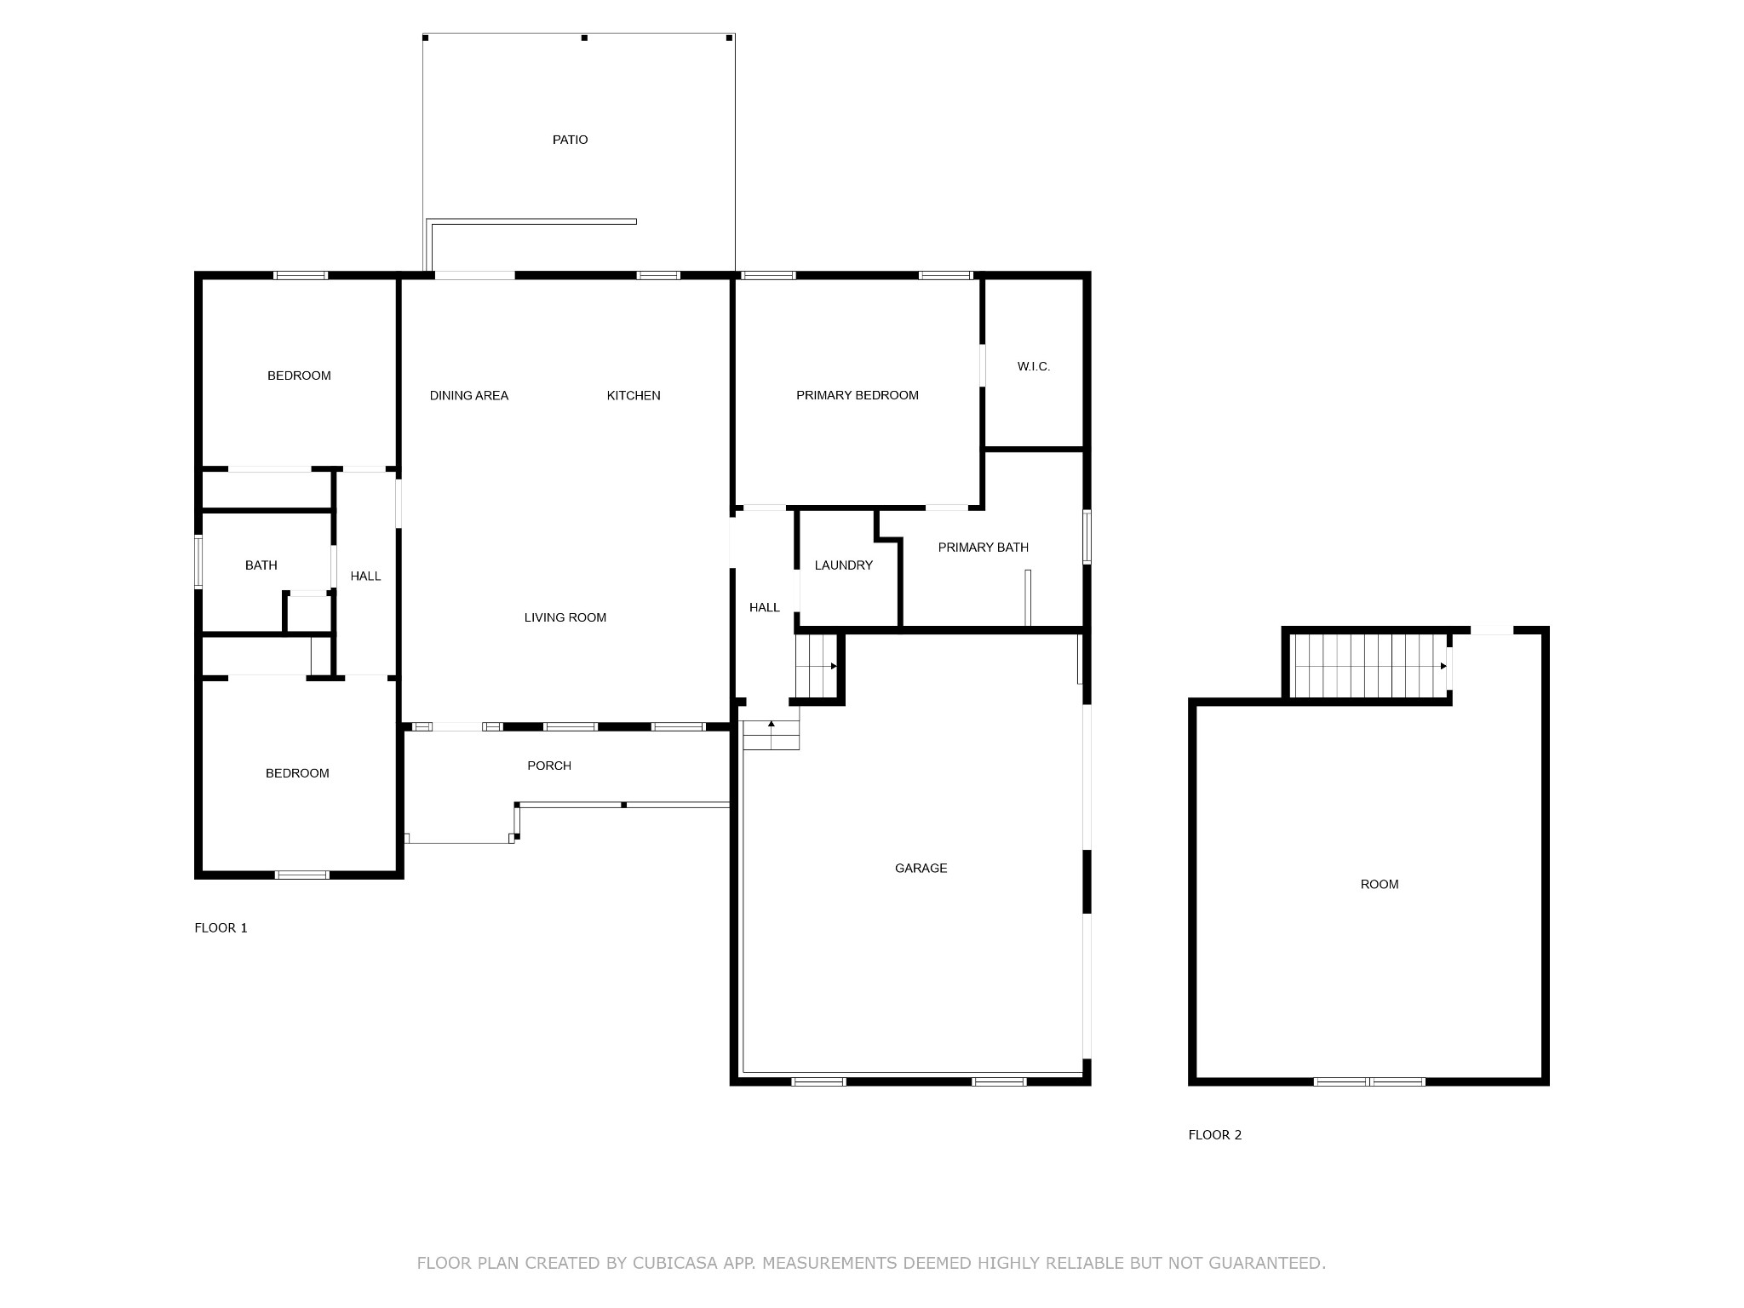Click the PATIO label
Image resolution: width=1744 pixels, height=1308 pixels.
(x=570, y=140)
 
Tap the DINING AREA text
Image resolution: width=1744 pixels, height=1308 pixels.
(x=469, y=395)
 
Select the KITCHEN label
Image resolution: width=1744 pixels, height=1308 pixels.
(x=634, y=395)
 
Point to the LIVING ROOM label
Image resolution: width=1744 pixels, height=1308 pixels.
(x=565, y=617)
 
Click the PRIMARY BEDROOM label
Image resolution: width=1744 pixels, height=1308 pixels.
(x=858, y=395)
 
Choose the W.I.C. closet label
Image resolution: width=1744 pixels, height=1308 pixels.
(x=1034, y=366)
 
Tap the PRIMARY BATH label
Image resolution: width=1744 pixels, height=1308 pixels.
(x=984, y=548)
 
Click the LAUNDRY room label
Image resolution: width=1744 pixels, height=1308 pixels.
(x=844, y=565)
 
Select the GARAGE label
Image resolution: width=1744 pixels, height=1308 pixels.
(x=921, y=868)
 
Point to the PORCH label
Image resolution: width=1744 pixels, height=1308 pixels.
(x=549, y=766)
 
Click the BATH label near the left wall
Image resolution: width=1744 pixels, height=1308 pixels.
(x=261, y=565)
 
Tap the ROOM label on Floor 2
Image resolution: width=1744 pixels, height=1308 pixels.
(x=1380, y=884)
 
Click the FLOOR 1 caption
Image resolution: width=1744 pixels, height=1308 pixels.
(x=221, y=927)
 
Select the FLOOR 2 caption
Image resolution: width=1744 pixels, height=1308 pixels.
(x=1215, y=1134)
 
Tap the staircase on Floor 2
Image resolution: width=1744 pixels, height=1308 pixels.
(x=1369, y=665)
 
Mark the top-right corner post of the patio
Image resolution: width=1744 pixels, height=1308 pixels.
(x=730, y=37)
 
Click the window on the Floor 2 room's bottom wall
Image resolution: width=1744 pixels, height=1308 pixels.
(x=1369, y=1081)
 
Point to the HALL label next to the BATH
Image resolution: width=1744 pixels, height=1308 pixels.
(x=366, y=577)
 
